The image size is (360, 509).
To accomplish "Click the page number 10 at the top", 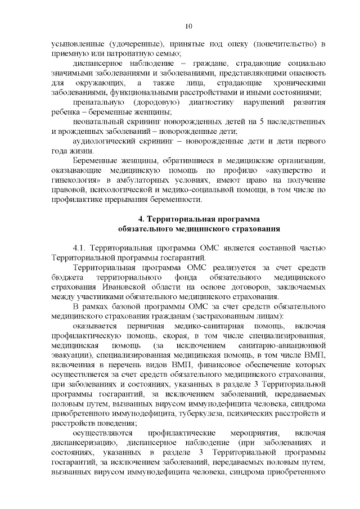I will coord(188,26).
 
